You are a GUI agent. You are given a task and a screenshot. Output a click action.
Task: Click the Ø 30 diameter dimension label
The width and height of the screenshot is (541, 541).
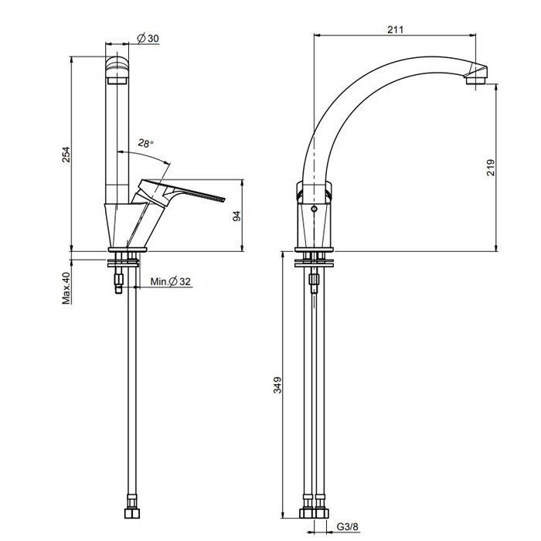tap(148, 39)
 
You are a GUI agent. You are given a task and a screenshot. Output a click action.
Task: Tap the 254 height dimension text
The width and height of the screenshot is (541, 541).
tap(66, 155)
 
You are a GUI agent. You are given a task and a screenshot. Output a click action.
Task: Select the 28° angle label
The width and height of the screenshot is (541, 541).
tap(145, 143)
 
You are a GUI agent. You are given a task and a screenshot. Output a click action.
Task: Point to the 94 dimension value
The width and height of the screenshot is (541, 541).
tap(236, 216)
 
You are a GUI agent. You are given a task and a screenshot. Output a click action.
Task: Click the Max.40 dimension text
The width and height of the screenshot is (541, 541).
tap(66, 288)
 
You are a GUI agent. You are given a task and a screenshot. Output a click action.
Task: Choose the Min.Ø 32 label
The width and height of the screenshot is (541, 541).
tap(171, 281)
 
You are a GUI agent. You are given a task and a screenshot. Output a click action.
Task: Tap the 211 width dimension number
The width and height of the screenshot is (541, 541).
tap(395, 29)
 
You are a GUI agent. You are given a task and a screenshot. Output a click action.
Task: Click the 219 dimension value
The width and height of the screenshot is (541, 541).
tap(491, 168)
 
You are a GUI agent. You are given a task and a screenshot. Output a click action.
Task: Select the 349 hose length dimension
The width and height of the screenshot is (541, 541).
tap(277, 385)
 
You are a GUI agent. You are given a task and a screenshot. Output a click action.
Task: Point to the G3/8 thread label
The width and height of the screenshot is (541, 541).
tap(348, 527)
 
